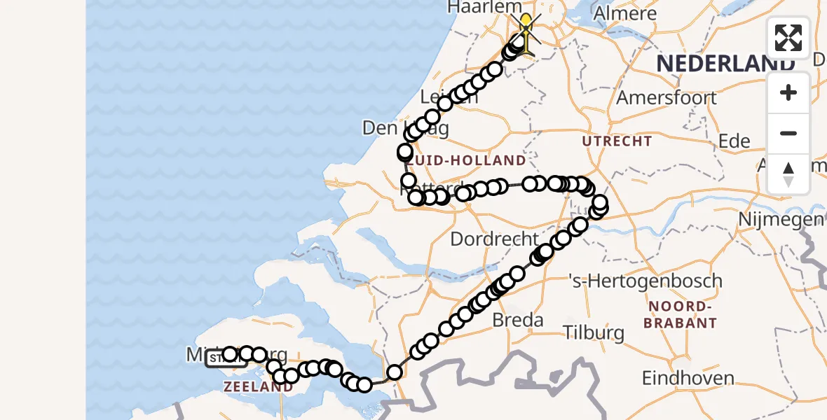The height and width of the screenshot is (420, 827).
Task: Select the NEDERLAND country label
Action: [725, 62]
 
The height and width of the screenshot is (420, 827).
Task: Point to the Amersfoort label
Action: [667, 97]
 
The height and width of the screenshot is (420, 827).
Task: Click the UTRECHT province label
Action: [617, 141]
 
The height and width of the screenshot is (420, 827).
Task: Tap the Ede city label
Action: [734, 141]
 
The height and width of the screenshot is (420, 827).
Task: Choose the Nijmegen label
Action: [780, 220]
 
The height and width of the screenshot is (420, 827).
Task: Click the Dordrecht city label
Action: [495, 239]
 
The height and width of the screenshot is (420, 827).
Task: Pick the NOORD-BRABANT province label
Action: [682, 314]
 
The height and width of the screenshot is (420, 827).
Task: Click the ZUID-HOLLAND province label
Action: [468, 161]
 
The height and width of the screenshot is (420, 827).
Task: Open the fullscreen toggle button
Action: [788, 37]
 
